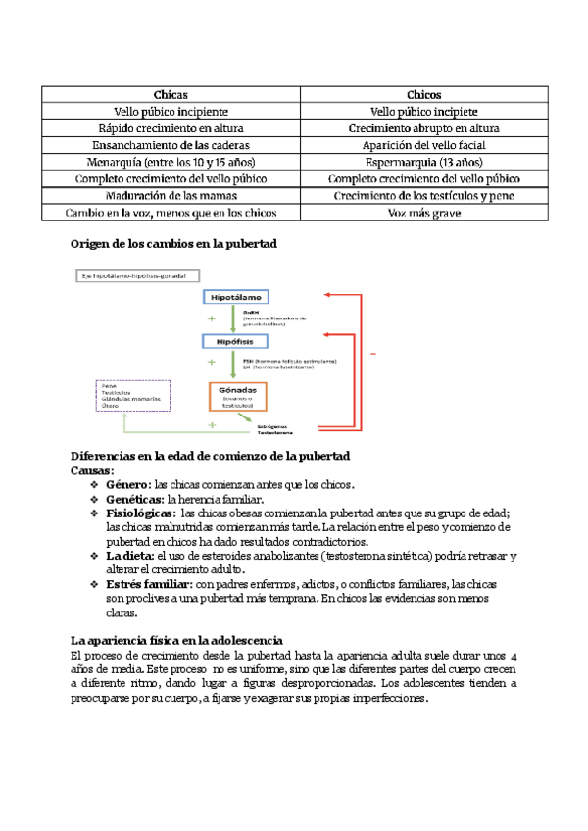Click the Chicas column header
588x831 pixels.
[x=170, y=95]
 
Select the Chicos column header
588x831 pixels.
[x=423, y=95]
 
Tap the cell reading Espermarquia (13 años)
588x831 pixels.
[x=423, y=162]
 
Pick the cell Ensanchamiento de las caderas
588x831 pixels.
[x=170, y=145]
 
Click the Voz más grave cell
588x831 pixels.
[x=423, y=212]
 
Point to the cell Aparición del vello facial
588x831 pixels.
[x=423, y=145]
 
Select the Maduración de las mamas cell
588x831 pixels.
[x=170, y=195]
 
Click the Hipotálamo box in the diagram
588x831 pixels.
[x=235, y=296]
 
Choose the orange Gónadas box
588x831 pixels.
[x=238, y=396]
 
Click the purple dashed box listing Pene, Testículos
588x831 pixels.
[x=132, y=396]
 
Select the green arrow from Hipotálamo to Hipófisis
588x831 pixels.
[x=232, y=318]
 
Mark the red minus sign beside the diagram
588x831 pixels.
[x=374, y=353]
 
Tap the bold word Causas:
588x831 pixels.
[x=92, y=470]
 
